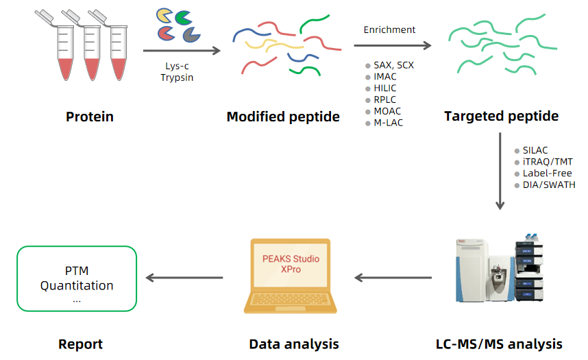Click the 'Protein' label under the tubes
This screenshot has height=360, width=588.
pyautogui.click(x=90, y=117)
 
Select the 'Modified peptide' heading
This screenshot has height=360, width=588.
pyautogui.click(x=283, y=117)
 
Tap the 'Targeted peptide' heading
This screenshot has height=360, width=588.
pyautogui.click(x=501, y=116)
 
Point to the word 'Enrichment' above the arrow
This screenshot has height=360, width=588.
pyautogui.click(x=389, y=29)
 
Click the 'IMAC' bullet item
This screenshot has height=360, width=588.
pyautogui.click(x=384, y=77)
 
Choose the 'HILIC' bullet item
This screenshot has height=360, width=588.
pyautogui.click(x=384, y=88)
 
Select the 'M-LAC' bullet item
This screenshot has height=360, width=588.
pyautogui.click(x=388, y=123)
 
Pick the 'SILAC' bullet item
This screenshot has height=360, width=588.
pyautogui.click(x=535, y=150)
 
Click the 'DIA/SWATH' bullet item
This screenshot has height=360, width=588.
pyautogui.click(x=545, y=185)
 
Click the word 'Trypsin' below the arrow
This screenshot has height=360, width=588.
pyautogui.click(x=177, y=77)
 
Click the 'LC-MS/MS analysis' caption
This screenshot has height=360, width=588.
pyautogui.click(x=499, y=344)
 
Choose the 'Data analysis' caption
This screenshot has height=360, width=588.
pyautogui.click(x=293, y=344)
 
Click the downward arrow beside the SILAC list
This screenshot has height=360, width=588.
pyautogui.click(x=500, y=172)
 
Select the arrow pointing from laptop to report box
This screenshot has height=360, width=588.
pyautogui.click(x=185, y=278)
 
